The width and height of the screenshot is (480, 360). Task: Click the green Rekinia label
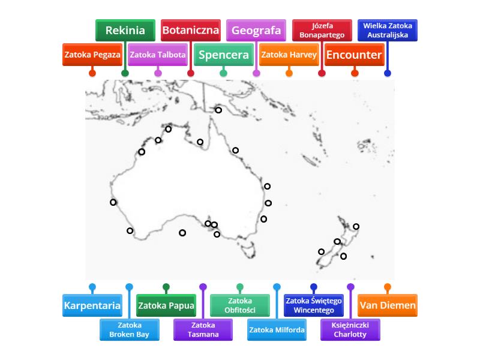pyautogui.click(x=125, y=31)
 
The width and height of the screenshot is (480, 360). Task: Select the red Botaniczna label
pyautogui.click(x=191, y=31)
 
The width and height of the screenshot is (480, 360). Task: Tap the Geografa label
pyautogui.click(x=256, y=31)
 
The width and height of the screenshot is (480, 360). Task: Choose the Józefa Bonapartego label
pyautogui.click(x=322, y=31)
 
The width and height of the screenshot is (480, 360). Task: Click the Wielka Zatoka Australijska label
pyautogui.click(x=388, y=31)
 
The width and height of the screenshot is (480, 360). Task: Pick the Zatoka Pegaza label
pyautogui.click(x=92, y=55)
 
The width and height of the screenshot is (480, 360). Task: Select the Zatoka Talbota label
pyautogui.click(x=158, y=55)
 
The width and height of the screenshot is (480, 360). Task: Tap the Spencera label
pyautogui.click(x=224, y=55)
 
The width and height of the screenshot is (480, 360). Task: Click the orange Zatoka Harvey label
pyautogui.click(x=289, y=55)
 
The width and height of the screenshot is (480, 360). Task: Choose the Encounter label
pyautogui.click(x=355, y=55)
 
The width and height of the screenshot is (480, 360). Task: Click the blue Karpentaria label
pyautogui.click(x=92, y=305)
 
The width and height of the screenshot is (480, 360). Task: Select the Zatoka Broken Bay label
pyautogui.click(x=130, y=329)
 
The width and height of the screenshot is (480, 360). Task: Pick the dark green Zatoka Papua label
pyautogui.click(x=166, y=305)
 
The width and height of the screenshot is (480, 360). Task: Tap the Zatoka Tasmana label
pyautogui.click(x=203, y=329)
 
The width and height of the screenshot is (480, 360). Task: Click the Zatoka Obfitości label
pyautogui.click(x=240, y=305)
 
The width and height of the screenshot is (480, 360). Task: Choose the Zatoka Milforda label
pyautogui.click(x=277, y=329)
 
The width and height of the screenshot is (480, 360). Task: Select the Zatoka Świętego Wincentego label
pyautogui.click(x=314, y=305)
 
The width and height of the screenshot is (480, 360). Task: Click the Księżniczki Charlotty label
pyautogui.click(x=350, y=329)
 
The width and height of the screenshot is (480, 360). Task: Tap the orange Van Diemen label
pyautogui.click(x=388, y=305)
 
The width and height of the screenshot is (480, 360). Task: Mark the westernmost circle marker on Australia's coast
pyautogui.click(x=113, y=202)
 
